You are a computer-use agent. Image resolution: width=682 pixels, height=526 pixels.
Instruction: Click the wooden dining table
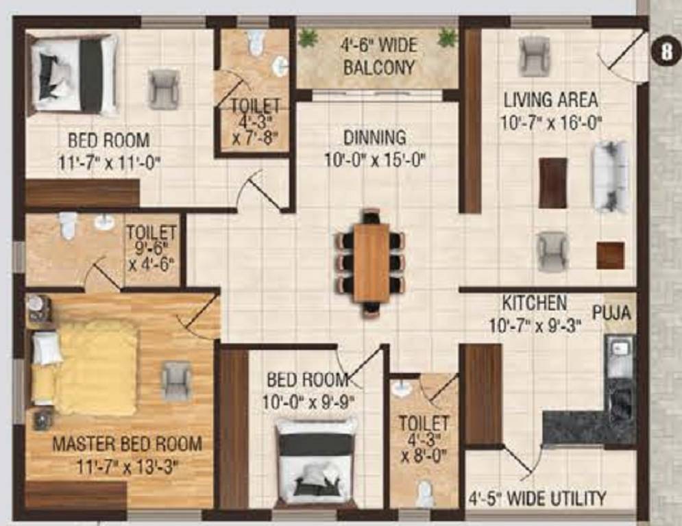point(371,262)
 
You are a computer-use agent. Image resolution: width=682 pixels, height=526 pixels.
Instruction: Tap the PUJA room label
point(611,313)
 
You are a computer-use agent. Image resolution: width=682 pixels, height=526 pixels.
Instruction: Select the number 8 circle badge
point(666,52)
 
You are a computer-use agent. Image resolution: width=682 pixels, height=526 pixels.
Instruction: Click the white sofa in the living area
point(610,175)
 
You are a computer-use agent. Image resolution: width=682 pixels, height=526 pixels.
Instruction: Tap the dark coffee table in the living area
point(553,183)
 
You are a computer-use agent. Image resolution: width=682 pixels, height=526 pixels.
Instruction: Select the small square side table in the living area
point(610,255)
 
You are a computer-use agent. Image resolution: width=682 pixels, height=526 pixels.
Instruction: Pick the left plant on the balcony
point(308,38)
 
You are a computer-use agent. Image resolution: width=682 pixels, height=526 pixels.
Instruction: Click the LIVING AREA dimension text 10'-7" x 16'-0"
point(550,123)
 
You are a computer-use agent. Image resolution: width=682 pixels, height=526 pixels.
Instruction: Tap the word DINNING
point(375,138)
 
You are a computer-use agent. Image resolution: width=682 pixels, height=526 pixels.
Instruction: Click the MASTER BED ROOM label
point(127,444)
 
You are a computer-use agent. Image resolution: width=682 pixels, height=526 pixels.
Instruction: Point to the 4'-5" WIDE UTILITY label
point(537,498)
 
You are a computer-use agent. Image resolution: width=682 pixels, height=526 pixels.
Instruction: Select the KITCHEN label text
point(535,303)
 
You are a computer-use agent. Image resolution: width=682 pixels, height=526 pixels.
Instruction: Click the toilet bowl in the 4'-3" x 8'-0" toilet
point(424,493)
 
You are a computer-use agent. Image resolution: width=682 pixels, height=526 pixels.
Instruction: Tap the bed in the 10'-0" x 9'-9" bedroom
point(316,461)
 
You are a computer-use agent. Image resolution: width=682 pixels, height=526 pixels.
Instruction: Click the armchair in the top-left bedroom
point(164,89)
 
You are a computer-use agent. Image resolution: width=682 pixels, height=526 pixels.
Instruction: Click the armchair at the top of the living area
point(533,55)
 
